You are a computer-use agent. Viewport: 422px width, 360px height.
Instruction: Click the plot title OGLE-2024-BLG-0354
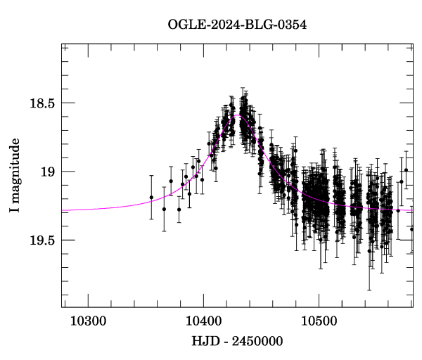[x=237, y=25]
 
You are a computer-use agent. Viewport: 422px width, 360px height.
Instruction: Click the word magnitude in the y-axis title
[x=15, y=169]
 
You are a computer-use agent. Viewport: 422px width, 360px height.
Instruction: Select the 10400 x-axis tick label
[x=203, y=321]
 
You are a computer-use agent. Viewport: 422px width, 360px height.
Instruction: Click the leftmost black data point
[x=151, y=198]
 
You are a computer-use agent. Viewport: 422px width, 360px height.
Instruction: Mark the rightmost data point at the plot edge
[x=412, y=229]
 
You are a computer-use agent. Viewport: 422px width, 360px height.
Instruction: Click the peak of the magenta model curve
[x=234, y=116]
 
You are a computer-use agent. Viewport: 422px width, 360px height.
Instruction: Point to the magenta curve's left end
[x=63, y=210]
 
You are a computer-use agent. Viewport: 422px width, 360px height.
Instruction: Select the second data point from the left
[x=164, y=209]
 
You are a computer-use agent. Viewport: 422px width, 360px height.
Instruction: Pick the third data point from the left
[x=171, y=181]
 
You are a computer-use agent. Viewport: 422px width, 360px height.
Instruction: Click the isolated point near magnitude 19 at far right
[x=406, y=170]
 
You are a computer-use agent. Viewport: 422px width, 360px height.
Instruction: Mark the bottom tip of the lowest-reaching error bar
[x=369, y=290]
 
